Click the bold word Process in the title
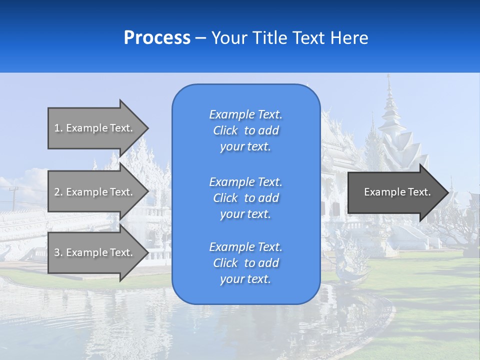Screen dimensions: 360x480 point(157,37)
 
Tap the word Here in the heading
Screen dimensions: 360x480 point(349,37)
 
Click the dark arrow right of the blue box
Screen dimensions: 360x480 point(395,192)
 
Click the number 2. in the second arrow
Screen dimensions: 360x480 point(58,192)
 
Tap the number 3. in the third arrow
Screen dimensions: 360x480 point(58,252)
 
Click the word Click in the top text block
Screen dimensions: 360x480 point(225,130)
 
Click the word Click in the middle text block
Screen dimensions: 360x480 point(225,198)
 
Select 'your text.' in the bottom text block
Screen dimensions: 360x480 point(245,279)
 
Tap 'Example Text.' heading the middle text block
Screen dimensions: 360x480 point(245,181)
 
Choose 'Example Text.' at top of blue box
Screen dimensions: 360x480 point(245,114)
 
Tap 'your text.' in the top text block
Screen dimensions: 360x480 point(245,146)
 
